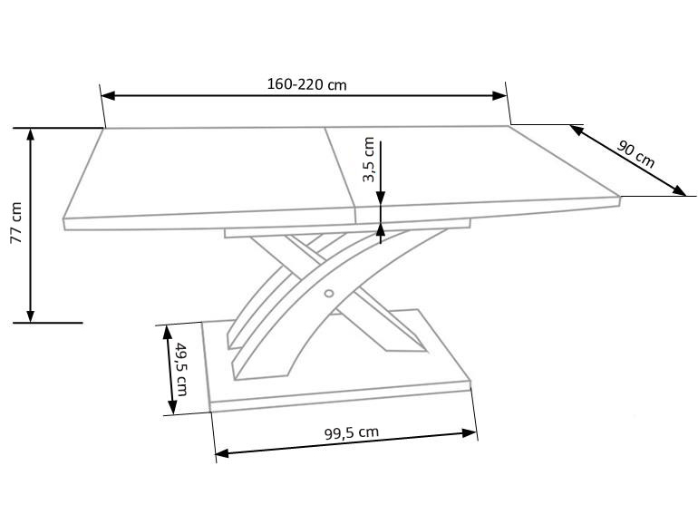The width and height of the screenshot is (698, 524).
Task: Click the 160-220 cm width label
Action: click(x=306, y=84)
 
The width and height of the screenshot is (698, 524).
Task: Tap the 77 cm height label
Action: click(x=16, y=223)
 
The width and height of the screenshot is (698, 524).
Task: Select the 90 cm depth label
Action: click(x=636, y=153)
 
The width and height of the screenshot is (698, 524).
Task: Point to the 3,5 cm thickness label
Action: click(x=369, y=160)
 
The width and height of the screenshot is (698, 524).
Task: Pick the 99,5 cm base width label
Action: click(x=352, y=432)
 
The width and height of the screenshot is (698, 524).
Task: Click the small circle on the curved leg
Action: click(x=329, y=293)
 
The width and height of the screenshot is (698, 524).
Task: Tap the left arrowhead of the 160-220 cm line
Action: click(x=108, y=96)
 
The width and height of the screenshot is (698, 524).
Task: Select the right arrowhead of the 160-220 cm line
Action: click(x=499, y=95)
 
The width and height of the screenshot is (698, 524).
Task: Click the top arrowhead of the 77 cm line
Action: click(x=30, y=134)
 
